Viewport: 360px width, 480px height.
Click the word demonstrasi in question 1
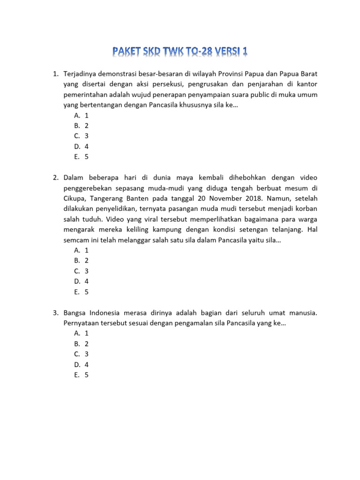click(119, 74)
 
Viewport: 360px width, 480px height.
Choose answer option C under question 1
click(81, 136)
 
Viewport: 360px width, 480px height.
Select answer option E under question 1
click(81, 157)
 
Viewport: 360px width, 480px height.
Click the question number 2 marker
click(55, 178)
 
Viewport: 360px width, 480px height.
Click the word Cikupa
click(75, 198)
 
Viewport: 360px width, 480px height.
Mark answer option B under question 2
click(81, 261)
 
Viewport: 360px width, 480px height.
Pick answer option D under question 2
click(81, 281)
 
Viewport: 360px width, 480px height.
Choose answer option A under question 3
click(81, 333)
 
